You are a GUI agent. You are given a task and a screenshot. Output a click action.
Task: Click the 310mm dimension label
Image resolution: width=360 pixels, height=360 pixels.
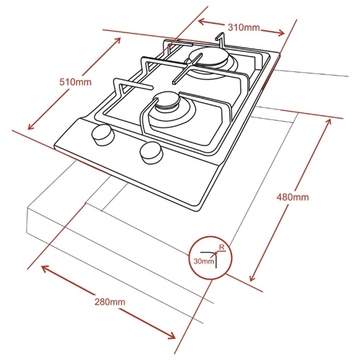click(243, 27)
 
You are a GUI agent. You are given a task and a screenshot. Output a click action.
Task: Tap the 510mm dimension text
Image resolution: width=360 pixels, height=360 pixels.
click(76, 82)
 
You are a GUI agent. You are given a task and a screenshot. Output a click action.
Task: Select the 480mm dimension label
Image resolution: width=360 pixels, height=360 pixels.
click(292, 197)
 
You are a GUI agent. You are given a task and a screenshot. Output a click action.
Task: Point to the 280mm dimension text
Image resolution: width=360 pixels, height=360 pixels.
click(109, 302)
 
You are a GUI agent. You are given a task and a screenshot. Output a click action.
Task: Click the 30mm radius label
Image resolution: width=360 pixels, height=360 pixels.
click(204, 261)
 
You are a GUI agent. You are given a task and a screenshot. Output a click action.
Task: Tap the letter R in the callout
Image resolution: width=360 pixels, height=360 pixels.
click(222, 247)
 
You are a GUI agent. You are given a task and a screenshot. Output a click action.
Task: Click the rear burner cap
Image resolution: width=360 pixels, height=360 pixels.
click(208, 56)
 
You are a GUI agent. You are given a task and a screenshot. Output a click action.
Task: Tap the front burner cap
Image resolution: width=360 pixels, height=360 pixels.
click(168, 100)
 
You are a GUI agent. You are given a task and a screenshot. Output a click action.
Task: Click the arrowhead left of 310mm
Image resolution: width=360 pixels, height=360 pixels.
click(202, 22)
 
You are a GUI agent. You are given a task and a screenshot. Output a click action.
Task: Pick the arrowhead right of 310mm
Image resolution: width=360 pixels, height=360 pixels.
click(281, 32)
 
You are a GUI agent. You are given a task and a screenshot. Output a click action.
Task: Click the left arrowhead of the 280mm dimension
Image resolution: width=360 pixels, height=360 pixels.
click(45, 269)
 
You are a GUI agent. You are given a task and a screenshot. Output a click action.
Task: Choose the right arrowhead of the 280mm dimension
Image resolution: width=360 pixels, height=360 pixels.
click(171, 336)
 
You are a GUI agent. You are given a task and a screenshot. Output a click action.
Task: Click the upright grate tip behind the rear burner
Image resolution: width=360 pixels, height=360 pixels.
click(221, 38)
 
